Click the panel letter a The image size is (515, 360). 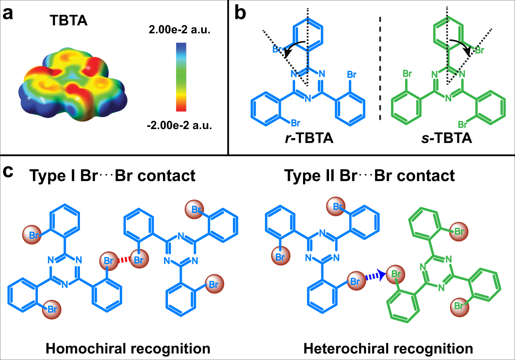point(8,13)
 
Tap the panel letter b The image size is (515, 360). point(240,13)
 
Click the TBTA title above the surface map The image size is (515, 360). point(68,20)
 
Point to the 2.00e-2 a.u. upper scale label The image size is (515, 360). point(179,29)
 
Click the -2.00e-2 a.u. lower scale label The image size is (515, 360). point(179,125)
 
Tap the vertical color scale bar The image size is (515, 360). point(181,77)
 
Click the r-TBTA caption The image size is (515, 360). point(309,138)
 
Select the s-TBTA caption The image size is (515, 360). point(447,138)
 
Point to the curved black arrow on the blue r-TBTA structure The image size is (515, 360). point(295,47)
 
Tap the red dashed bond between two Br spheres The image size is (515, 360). point(124,260)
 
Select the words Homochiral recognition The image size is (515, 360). point(128,349)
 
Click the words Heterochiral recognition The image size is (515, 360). point(388,349)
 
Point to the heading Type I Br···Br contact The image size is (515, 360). point(112,176)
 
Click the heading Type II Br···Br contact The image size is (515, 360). point(369,176)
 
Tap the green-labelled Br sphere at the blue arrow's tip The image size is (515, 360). point(396,274)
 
